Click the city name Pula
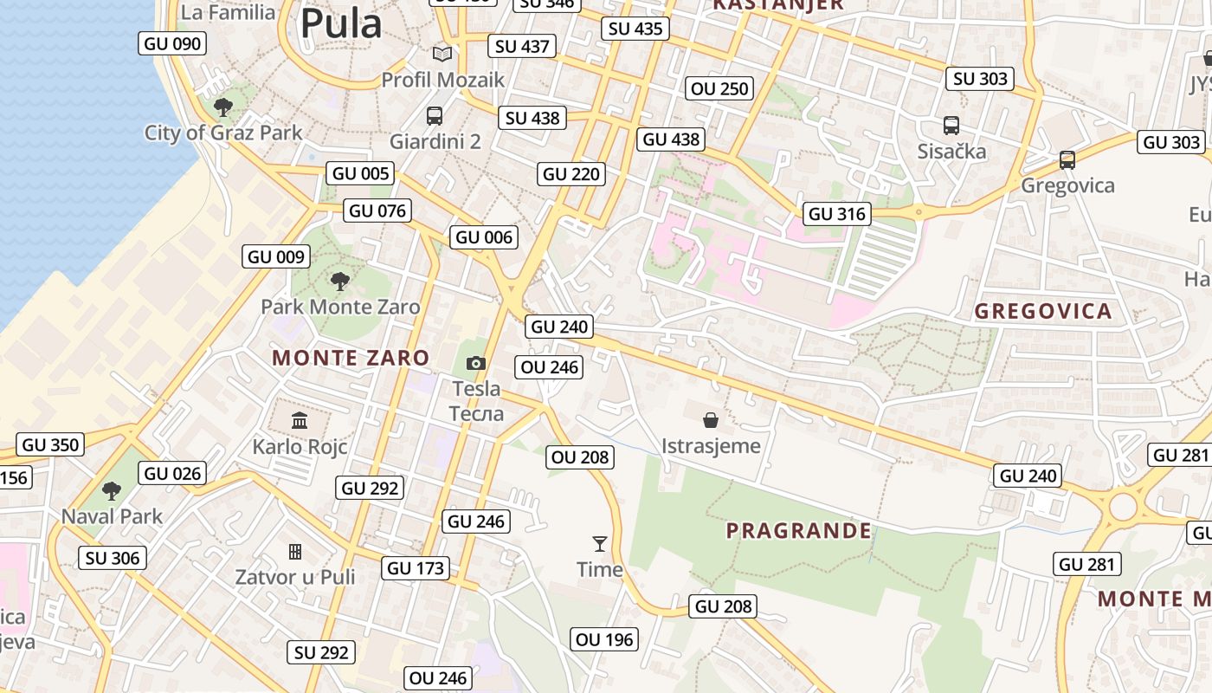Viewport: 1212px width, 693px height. click(x=340, y=23)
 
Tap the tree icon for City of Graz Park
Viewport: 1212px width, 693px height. click(x=223, y=107)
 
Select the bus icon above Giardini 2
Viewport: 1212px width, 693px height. click(x=435, y=115)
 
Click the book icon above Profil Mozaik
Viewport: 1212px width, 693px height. click(x=442, y=54)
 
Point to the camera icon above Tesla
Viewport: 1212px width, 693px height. click(x=476, y=363)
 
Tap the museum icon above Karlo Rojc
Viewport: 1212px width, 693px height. click(x=300, y=421)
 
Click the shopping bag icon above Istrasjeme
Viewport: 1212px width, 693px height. click(x=711, y=420)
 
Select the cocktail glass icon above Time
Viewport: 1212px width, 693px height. click(x=600, y=543)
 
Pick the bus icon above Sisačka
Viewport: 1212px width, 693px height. click(x=951, y=126)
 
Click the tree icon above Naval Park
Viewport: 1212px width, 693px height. click(x=112, y=491)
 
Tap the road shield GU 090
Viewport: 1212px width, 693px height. click(x=172, y=43)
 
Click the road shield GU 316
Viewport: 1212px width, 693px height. click(x=837, y=213)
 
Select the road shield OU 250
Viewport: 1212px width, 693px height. click(x=719, y=88)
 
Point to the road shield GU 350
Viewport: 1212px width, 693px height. click(x=50, y=445)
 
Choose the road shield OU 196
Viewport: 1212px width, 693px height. click(x=605, y=639)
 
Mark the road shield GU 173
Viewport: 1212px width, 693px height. click(x=416, y=568)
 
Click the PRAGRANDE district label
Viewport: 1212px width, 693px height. click(x=798, y=530)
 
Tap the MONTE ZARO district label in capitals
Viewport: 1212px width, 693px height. click(x=351, y=358)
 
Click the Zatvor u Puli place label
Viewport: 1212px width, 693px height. click(x=295, y=577)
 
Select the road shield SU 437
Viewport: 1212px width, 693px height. click(x=522, y=46)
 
